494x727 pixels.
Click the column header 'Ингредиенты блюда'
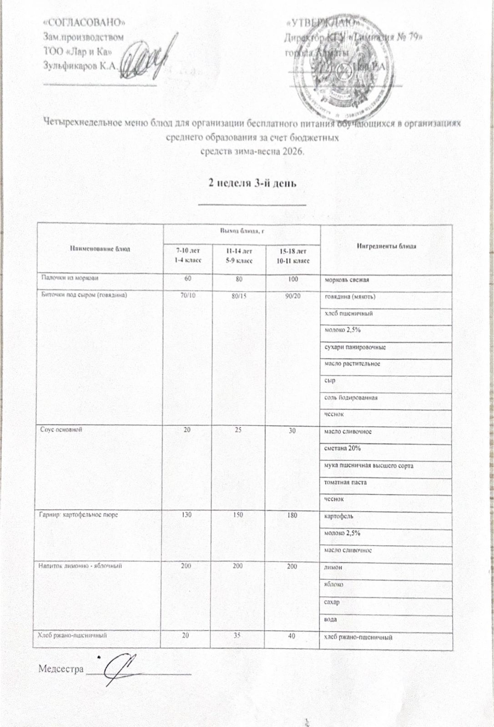pos(386,246)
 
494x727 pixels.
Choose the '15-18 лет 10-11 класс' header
pos(293,256)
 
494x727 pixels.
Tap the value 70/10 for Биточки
pos(187,296)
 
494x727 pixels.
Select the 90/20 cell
pos(292,296)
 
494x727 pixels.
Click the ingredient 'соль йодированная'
pos(351,398)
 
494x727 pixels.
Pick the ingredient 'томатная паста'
pos(345,482)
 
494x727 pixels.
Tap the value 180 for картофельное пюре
pos(292,515)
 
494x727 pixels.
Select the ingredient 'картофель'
pos(338,517)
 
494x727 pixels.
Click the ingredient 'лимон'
pos(333,568)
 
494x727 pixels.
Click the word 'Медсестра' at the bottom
pos(61,669)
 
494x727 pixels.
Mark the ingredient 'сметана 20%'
pos(343,449)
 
